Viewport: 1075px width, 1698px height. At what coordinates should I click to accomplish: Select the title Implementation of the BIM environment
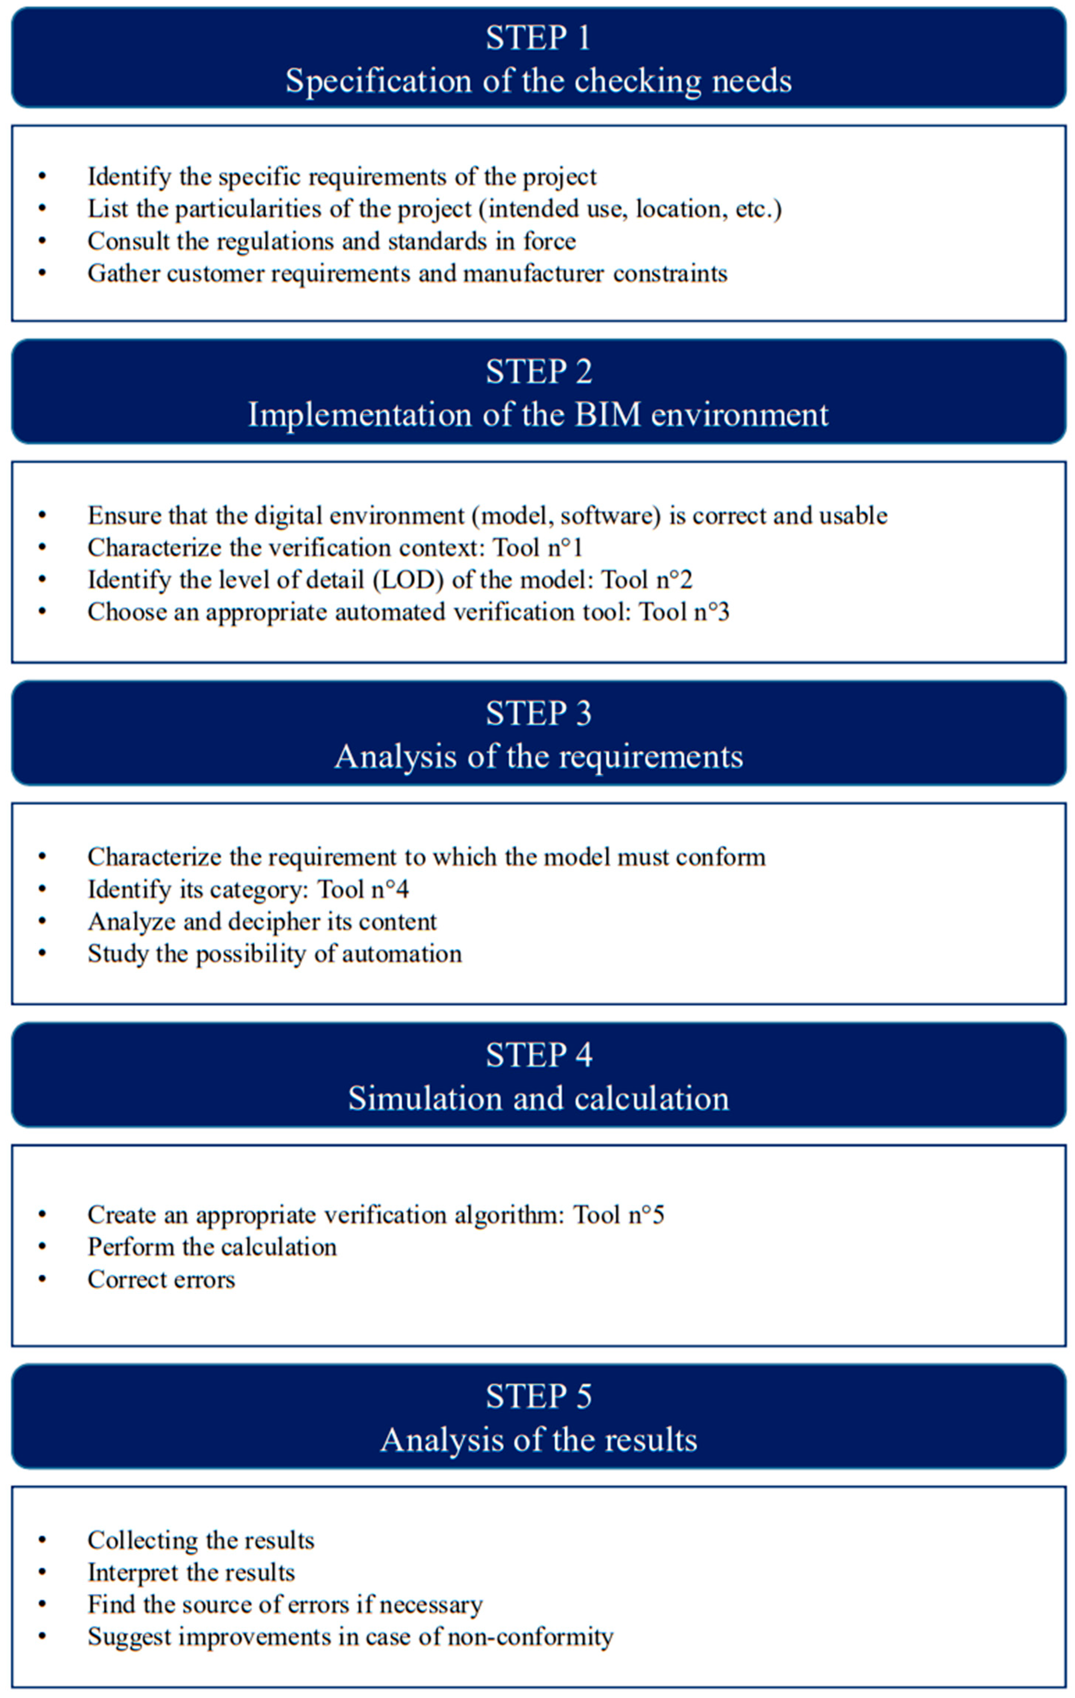pyautogui.click(x=538, y=415)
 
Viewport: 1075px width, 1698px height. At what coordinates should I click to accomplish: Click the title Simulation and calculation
pyautogui.click(x=538, y=1099)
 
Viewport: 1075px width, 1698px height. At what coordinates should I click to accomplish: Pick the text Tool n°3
pyautogui.click(x=684, y=612)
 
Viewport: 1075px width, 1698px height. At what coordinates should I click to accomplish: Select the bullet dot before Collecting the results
pyautogui.click(x=42, y=1541)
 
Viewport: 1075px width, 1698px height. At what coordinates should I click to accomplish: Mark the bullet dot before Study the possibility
pyautogui.click(x=42, y=954)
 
